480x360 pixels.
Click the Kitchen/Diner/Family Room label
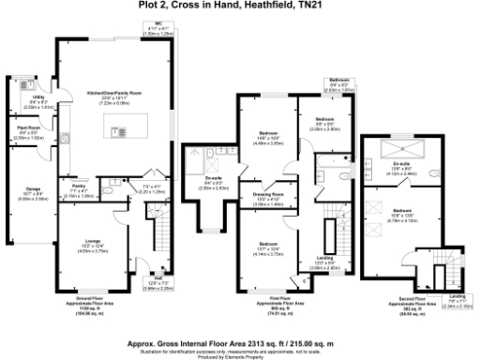click(x=113, y=95)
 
